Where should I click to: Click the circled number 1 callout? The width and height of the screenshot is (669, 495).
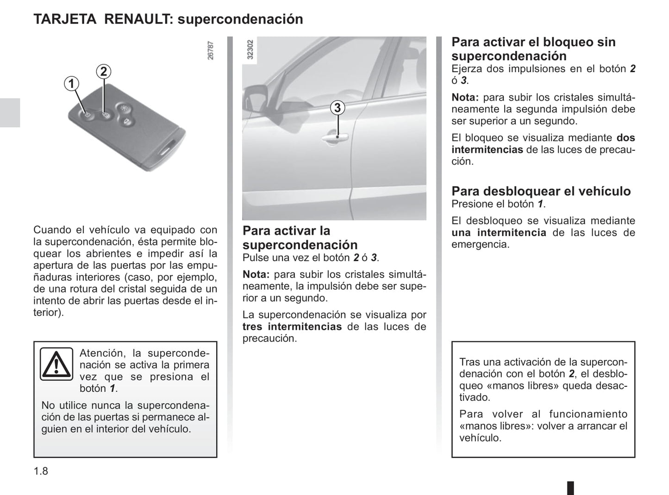point(71,84)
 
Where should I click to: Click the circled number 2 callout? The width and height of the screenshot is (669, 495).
point(103,71)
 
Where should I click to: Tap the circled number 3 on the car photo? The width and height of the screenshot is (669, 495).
point(338,108)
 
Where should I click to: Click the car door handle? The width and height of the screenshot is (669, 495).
point(336,136)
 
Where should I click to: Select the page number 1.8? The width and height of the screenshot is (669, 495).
point(41,471)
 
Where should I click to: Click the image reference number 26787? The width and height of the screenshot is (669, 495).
point(211,50)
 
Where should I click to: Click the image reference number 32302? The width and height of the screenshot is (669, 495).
point(250,49)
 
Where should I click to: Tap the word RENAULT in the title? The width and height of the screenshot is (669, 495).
point(138,19)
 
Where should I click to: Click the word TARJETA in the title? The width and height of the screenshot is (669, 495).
point(65,19)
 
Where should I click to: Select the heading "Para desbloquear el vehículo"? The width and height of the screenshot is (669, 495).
point(541,191)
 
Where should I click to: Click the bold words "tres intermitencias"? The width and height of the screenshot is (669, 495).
point(292,327)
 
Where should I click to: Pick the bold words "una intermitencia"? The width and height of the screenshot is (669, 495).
point(499,233)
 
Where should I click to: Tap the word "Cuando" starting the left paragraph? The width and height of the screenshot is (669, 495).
point(52,230)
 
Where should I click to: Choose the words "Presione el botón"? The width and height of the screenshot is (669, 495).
point(493,204)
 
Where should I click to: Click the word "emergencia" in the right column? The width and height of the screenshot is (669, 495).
point(480,244)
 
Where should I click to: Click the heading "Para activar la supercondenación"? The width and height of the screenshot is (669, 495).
point(300,237)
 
